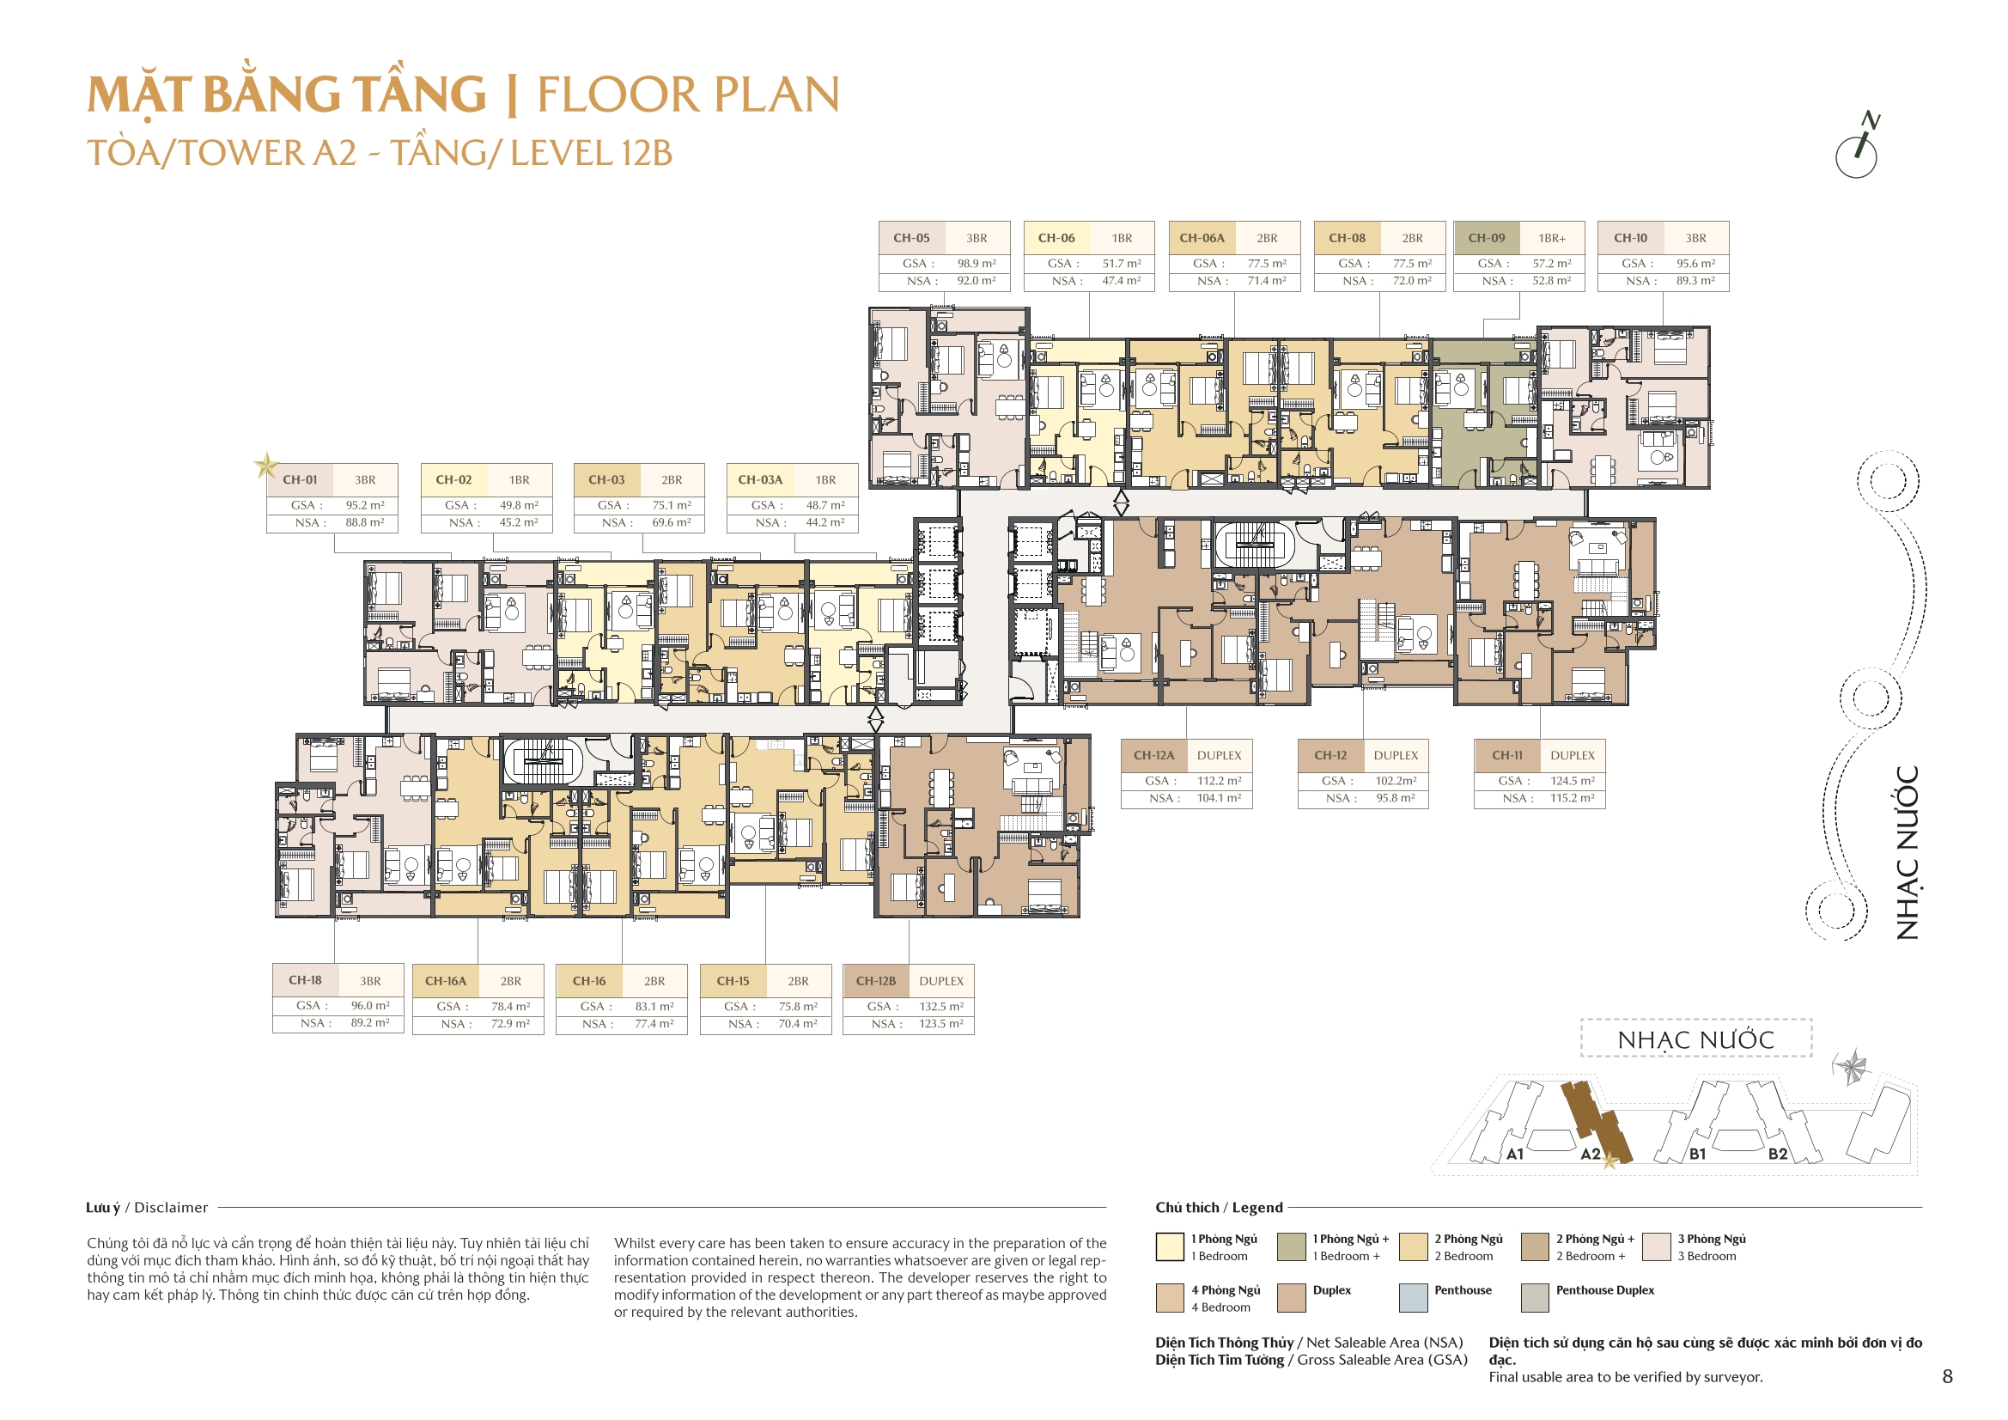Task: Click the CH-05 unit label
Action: (910, 238)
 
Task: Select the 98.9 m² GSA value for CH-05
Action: (976, 264)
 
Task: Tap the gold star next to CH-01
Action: (266, 466)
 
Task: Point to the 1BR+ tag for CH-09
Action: (1551, 238)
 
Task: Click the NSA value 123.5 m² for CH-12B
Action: (940, 1023)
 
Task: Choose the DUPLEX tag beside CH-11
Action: (1572, 755)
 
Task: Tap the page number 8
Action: (1947, 1376)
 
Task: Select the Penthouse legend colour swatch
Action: (1414, 1297)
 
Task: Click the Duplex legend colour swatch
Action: (1291, 1297)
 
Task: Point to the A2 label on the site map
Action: (1590, 1153)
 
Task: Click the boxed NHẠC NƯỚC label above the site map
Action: (1695, 1039)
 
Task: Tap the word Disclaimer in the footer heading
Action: (172, 1208)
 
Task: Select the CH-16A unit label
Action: (445, 981)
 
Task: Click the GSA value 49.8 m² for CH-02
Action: (519, 505)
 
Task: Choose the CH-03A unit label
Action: (760, 479)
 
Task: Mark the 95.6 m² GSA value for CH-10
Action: (1695, 264)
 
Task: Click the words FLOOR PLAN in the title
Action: (688, 94)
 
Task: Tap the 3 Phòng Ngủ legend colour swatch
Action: (1657, 1246)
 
